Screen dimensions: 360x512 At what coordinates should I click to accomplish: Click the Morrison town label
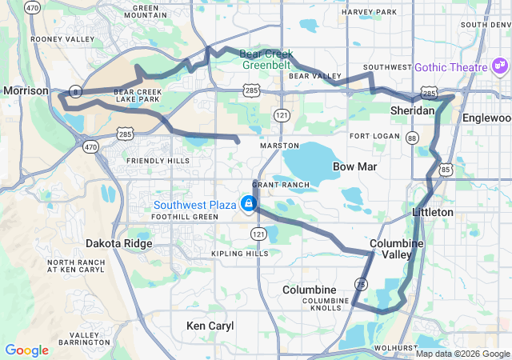[x=26, y=91]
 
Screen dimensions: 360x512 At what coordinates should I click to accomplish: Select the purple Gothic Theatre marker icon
[x=498, y=65]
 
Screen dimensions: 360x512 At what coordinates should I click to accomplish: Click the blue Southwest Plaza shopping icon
[x=249, y=204]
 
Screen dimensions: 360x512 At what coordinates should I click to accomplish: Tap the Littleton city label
[x=433, y=212]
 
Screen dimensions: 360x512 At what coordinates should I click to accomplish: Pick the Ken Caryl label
[x=210, y=326]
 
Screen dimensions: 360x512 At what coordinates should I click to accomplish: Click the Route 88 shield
[x=413, y=138]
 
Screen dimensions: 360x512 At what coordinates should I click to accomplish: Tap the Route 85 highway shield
[x=446, y=170]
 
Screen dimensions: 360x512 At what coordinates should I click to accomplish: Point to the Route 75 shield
[x=362, y=284]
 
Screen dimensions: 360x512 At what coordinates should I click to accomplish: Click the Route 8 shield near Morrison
[x=74, y=90]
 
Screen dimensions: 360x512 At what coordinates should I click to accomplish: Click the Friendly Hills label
[x=158, y=161]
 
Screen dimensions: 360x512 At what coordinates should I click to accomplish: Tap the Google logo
[x=27, y=350]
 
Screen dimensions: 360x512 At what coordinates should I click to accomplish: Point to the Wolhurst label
[x=390, y=349]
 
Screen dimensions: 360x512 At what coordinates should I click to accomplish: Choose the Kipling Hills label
[x=240, y=254]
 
